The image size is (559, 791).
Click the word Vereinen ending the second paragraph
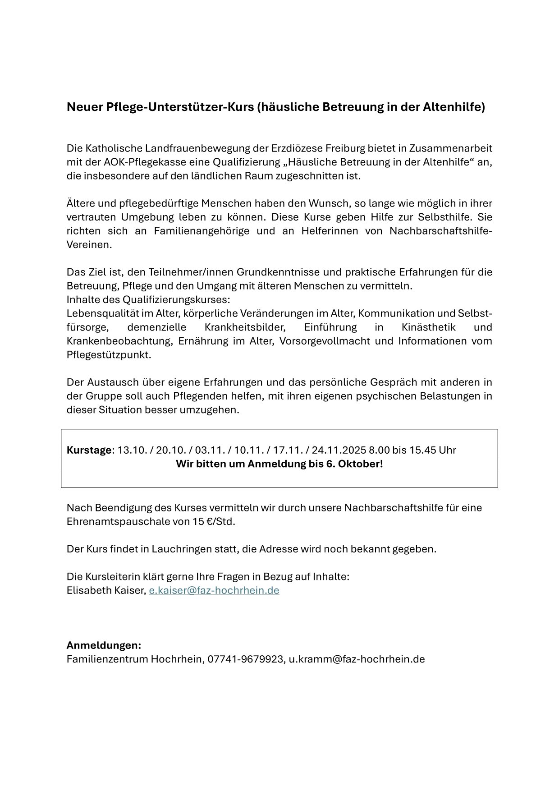89,245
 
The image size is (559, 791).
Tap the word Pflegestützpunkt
109,355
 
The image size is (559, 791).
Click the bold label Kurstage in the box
89,450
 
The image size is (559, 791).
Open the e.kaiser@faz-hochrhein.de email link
214,590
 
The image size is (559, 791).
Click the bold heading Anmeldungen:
104,645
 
